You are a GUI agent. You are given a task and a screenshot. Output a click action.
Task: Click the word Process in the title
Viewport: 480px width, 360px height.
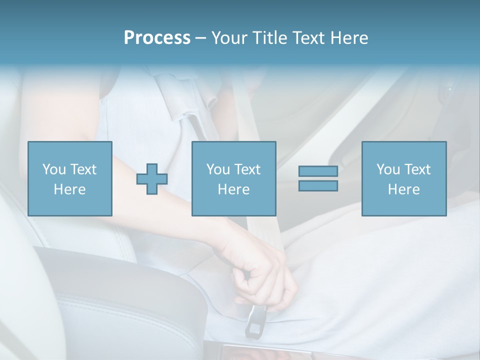click(157, 38)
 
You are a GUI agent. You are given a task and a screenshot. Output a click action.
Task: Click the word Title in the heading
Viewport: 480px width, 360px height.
click(267, 38)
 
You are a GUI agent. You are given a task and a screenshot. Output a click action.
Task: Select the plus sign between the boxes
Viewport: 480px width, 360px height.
click(152, 179)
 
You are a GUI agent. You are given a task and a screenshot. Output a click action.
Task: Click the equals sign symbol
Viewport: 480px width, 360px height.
click(318, 178)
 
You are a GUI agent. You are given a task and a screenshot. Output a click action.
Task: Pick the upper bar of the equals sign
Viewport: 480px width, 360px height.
click(318, 171)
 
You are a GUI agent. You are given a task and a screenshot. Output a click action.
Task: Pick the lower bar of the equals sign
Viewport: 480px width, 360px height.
click(318, 185)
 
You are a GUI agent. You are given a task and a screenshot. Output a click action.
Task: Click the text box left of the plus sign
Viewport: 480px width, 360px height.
click(70, 178)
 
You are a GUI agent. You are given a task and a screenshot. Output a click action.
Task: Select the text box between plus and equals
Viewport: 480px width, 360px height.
click(233, 178)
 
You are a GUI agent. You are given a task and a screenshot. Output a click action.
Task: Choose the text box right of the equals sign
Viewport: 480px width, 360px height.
click(403, 178)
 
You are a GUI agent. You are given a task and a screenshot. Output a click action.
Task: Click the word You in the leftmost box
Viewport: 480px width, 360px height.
click(54, 169)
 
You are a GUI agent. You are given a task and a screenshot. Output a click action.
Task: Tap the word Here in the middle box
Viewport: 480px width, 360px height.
click(233, 189)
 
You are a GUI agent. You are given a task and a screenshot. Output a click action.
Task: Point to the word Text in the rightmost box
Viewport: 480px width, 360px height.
click(417, 169)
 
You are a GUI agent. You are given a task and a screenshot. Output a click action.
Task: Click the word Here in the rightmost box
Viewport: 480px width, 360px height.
click(403, 189)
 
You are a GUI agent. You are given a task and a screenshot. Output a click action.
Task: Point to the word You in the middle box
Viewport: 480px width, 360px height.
click(218, 169)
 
